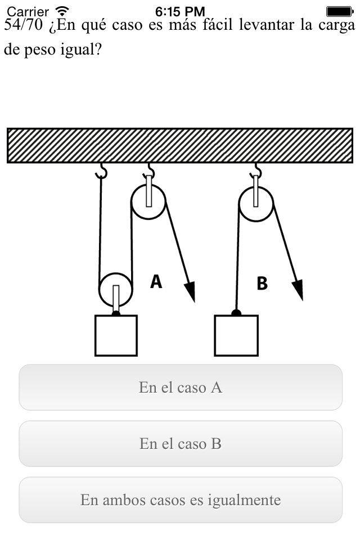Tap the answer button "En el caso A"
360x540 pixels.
181,387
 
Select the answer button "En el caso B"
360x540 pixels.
181,444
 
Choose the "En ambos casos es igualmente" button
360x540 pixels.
181,499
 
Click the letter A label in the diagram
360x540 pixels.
156,281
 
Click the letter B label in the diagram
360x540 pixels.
262,283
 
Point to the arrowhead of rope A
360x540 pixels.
190,291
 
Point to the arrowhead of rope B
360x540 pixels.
298,290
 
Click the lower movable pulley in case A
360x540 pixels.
116,290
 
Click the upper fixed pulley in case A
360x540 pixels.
148,202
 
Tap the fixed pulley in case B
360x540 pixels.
256,204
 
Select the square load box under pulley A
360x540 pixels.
116,335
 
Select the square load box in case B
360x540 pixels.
236,335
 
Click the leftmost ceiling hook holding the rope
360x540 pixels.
101,171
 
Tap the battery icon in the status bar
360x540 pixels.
340,12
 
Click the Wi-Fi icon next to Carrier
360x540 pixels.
62,11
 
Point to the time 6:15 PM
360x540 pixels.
180,12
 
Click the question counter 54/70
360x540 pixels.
24,25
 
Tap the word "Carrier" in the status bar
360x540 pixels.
28,12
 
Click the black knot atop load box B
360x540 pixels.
236,313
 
